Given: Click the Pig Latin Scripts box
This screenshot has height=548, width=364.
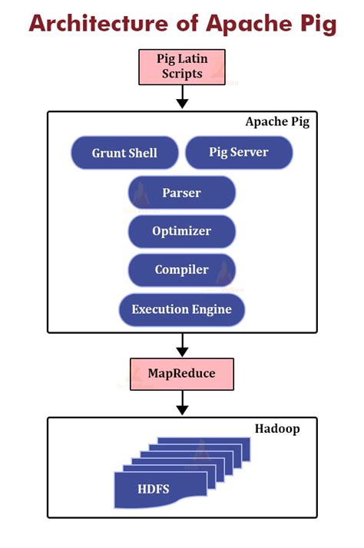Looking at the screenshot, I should pyautogui.click(x=182, y=66).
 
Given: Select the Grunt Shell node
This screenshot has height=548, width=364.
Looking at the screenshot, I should pyautogui.click(x=124, y=153).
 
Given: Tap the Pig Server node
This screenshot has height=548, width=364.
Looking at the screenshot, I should pyautogui.click(x=239, y=152).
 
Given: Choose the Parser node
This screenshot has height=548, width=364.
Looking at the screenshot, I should pyautogui.click(x=181, y=193).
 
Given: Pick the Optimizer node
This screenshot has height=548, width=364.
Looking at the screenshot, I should pyautogui.click(x=181, y=231).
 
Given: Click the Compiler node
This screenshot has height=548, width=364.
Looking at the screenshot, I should pyautogui.click(x=181, y=270).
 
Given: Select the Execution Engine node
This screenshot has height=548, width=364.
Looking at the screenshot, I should pyautogui.click(x=181, y=310).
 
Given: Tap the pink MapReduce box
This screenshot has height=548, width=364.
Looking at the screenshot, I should pyautogui.click(x=181, y=374).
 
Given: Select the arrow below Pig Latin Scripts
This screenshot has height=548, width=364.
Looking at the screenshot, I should pyautogui.click(x=182, y=97).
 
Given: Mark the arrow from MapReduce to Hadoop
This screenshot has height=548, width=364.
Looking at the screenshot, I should pyautogui.click(x=182, y=403).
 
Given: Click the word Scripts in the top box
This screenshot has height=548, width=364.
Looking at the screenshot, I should pyautogui.click(x=182, y=74).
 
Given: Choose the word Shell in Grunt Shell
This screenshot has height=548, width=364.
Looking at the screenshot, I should pyautogui.click(x=144, y=153).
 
